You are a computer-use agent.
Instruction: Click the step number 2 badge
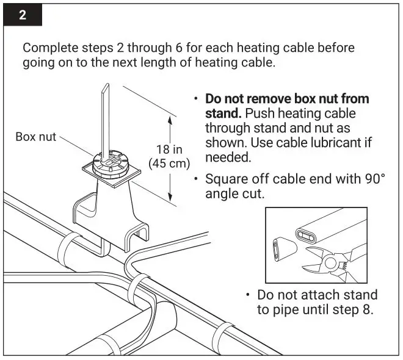click(x=23, y=15)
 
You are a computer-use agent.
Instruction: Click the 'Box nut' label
click(x=35, y=137)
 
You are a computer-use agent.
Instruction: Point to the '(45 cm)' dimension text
click(x=169, y=164)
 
